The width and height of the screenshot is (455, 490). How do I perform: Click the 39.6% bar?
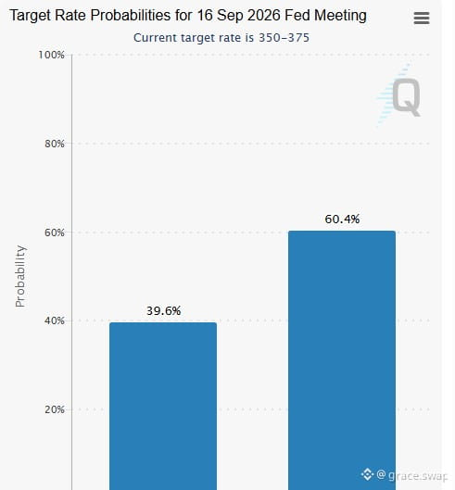tap(163, 406)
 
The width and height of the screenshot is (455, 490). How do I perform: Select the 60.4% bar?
tap(342, 360)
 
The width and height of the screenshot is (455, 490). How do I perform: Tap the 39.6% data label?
tap(163, 310)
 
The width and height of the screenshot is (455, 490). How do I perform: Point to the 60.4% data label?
tap(342, 219)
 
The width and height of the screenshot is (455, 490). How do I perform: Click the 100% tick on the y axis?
tap(51, 55)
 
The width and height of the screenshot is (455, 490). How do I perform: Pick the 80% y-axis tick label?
tap(55, 144)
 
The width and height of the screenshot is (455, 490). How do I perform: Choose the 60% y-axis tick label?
tap(55, 232)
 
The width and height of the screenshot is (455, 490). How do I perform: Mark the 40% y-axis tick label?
tap(55, 320)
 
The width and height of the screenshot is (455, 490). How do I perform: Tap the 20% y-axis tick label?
tap(55, 409)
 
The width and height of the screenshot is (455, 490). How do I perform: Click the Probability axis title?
tap(20, 276)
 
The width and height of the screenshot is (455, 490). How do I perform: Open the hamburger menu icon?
tap(422, 19)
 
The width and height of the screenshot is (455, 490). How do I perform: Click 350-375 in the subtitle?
tap(284, 38)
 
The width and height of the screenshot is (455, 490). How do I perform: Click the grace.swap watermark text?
tap(418, 475)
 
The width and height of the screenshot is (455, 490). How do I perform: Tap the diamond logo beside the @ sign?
tap(367, 474)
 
